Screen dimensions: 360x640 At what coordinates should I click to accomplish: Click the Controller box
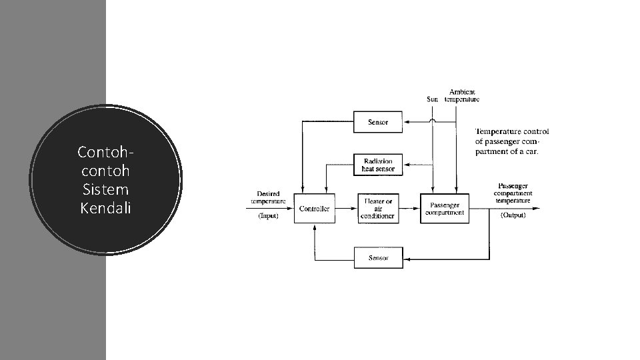[x=315, y=209]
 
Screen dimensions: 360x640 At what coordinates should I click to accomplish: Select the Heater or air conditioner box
[x=378, y=209]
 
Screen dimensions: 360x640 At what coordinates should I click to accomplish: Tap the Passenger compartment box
[x=444, y=209]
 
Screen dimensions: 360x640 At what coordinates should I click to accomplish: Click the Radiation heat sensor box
[x=378, y=165]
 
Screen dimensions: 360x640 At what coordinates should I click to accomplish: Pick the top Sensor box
[x=378, y=122]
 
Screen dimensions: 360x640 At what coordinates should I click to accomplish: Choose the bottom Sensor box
[x=378, y=258]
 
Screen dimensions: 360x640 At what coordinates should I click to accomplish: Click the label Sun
[x=433, y=100]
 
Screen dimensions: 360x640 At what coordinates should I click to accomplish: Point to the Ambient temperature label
[x=462, y=95]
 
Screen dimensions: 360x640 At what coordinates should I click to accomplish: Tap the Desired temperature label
[x=268, y=197]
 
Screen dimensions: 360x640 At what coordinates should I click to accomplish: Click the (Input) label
[x=268, y=215]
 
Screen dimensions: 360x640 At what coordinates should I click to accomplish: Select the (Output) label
[x=513, y=215]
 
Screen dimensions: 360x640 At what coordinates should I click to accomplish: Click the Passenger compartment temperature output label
[x=514, y=193]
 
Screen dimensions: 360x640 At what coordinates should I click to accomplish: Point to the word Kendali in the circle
[x=105, y=208]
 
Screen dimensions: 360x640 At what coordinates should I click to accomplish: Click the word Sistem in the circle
[x=105, y=189]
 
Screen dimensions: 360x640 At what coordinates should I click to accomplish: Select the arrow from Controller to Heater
[x=346, y=209]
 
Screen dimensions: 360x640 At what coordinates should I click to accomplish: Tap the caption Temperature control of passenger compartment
[x=511, y=141]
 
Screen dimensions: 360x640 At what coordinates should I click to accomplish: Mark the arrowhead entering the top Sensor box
[x=407, y=122]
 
